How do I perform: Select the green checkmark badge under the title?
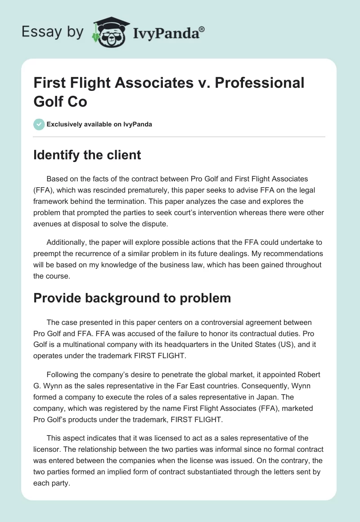pyautogui.click(x=39, y=124)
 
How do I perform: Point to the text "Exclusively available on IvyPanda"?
pyautogui.click(x=99, y=124)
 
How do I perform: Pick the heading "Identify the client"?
pyautogui.click(x=87, y=155)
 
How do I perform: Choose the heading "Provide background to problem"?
pyautogui.click(x=132, y=298)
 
